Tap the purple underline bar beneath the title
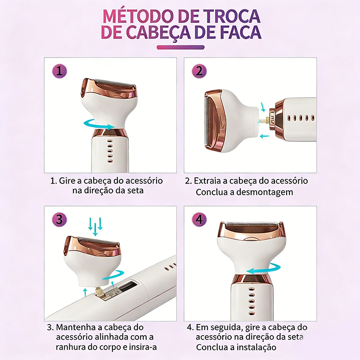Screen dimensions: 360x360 [180, 48]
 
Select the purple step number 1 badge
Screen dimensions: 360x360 [59, 71]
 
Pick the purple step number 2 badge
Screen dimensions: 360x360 [199, 71]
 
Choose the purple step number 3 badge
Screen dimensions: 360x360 [59, 220]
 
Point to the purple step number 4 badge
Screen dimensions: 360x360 [199, 220]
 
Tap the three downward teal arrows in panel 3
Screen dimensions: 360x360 [95, 226]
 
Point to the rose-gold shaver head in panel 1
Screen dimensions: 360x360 [109, 89]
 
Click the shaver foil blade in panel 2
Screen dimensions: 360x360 [207, 121]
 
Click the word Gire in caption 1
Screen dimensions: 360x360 [67, 181]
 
